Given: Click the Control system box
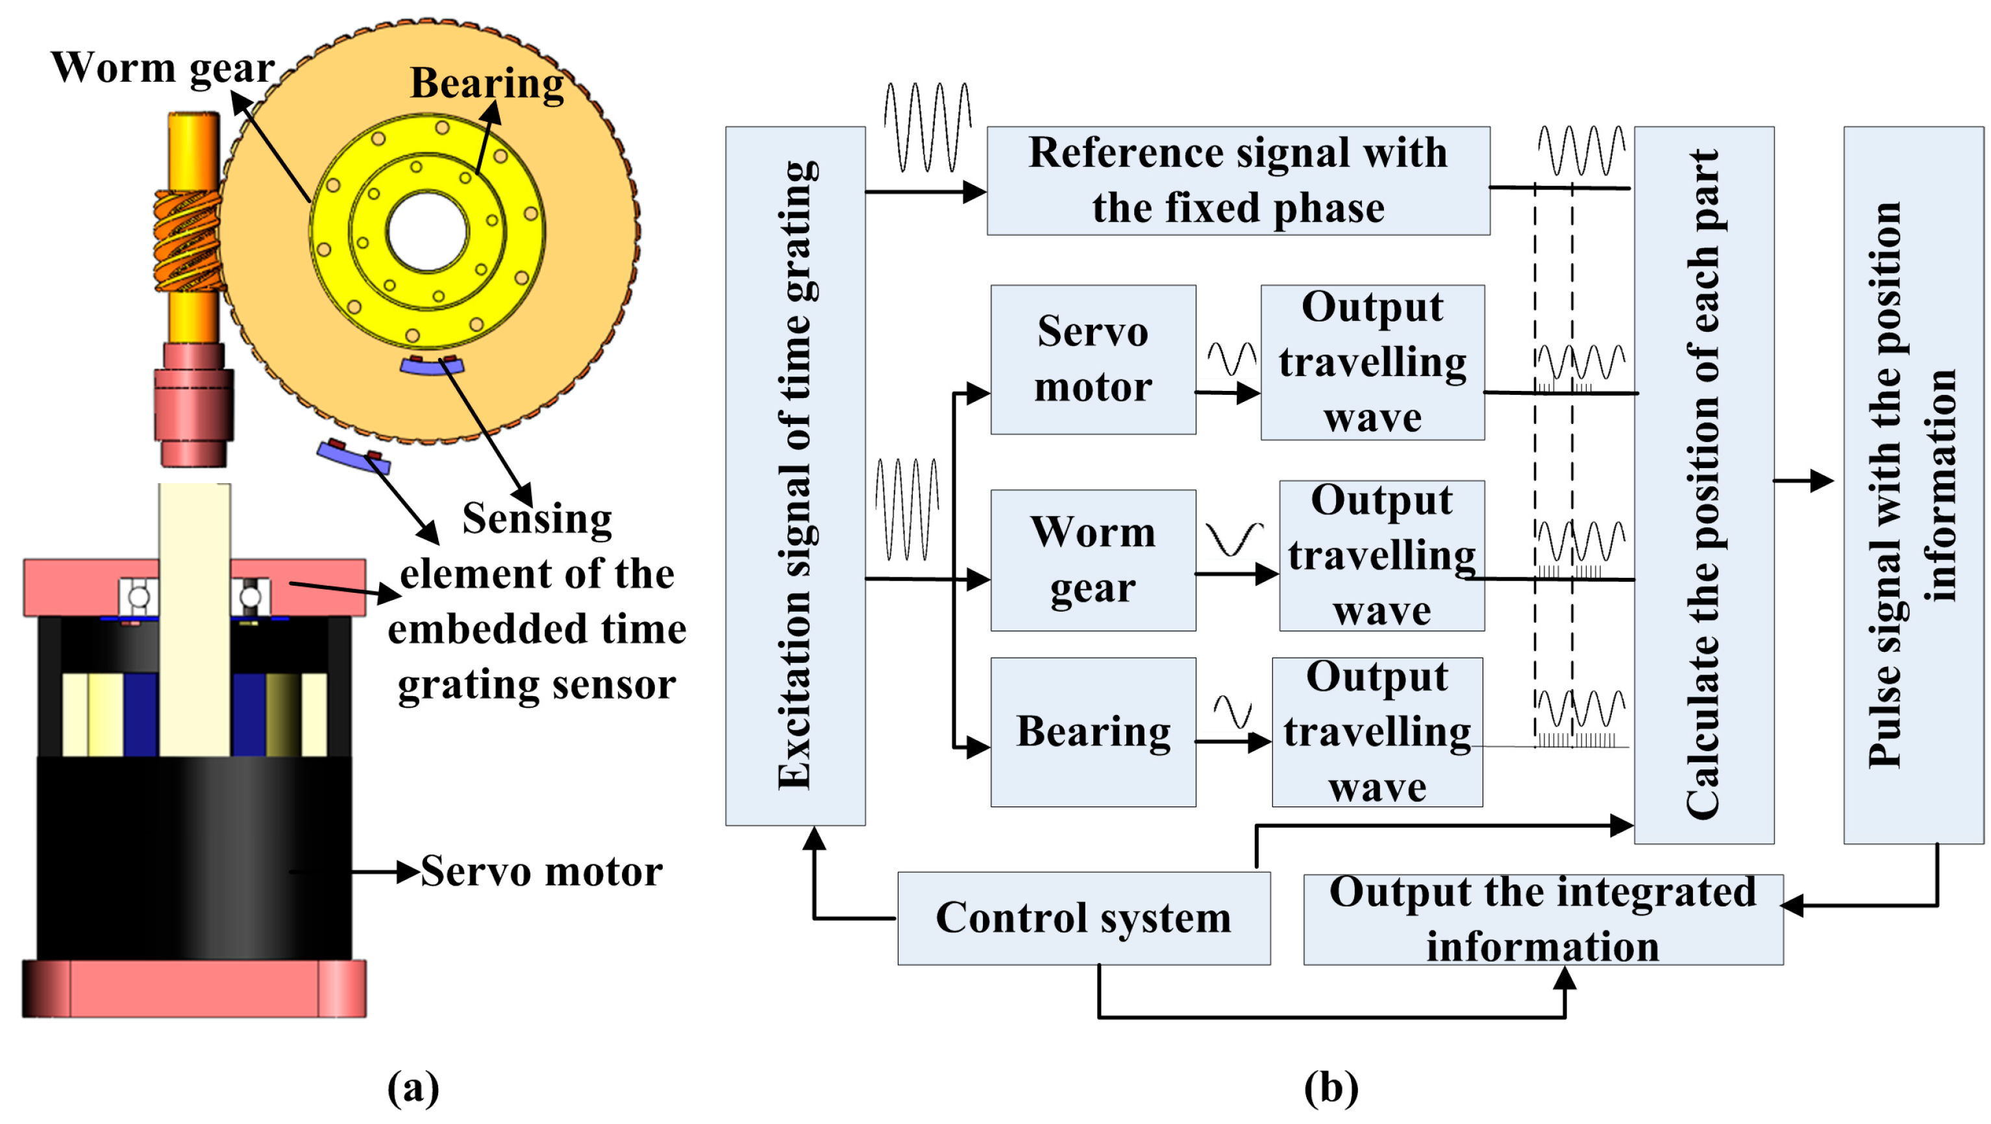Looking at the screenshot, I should click(1083, 918).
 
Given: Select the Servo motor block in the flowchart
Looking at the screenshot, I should click(1093, 360).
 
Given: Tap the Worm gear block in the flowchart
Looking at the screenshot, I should click(1093, 560).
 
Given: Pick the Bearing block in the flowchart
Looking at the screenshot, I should click(1093, 732).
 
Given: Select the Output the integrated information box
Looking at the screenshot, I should click(1542, 919).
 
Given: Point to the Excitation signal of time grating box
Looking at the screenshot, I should click(795, 475).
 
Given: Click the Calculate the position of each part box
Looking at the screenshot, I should click(1703, 484).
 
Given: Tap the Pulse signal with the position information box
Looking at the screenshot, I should click(1912, 484).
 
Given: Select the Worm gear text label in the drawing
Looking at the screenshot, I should click(162, 68).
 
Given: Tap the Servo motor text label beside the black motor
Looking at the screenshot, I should click(541, 872).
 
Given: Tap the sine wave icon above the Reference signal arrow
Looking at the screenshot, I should click(927, 127).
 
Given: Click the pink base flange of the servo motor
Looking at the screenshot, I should click(193, 989).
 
